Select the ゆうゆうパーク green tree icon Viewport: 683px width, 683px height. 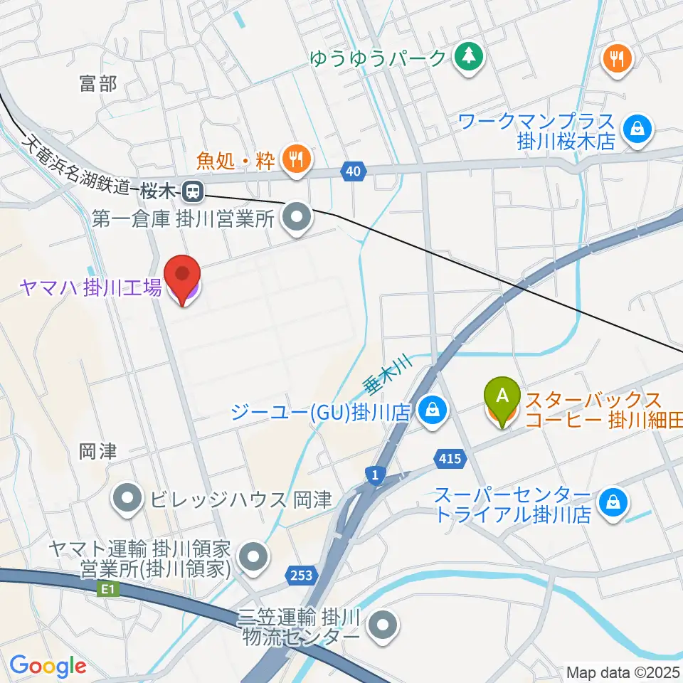[469, 58]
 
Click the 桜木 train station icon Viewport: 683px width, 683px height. [191, 191]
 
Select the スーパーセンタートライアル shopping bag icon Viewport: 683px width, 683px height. [612, 503]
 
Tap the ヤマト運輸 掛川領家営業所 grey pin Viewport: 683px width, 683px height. [253, 557]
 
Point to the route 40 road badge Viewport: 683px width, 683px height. [355, 171]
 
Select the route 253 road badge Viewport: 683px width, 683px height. [301, 574]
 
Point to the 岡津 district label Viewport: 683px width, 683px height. [97, 451]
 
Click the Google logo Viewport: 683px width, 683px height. [48, 666]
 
